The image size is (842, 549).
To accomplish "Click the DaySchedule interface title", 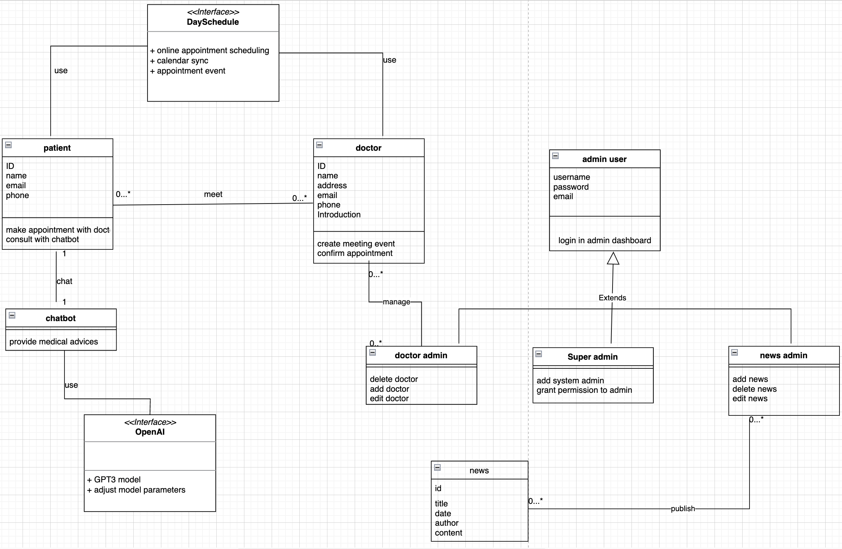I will (213, 22).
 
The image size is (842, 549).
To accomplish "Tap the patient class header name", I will (57, 148).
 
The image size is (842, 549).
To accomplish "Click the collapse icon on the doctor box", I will (319, 145).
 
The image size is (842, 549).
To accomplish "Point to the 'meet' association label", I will (213, 194).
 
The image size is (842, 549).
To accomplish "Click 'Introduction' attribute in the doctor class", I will (339, 215).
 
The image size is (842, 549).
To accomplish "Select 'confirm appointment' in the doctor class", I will (355, 253).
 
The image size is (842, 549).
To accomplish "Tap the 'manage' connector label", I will (396, 302).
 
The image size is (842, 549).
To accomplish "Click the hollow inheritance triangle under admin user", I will (613, 258).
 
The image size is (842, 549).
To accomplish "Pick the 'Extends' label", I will (612, 298).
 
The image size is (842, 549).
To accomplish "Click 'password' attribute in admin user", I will (571, 187).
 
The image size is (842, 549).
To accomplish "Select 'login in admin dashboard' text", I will (605, 241).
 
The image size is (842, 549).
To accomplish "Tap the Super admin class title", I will (593, 357).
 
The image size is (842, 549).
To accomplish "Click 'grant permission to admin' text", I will (584, 390).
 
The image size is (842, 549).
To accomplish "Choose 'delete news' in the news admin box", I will (755, 389).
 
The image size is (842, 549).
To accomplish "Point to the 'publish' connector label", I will (683, 509).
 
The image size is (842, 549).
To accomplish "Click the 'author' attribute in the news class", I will (446, 523).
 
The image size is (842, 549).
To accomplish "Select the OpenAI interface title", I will (150, 432).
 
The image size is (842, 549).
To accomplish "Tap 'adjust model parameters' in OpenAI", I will (139, 490).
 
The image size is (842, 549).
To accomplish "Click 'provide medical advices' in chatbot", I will (54, 342).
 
